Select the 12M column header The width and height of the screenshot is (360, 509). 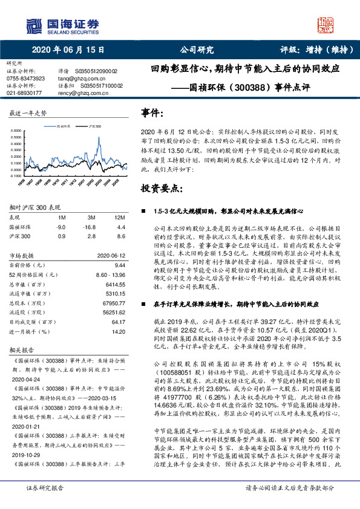(119, 216)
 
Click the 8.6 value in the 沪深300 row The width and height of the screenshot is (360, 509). (120, 237)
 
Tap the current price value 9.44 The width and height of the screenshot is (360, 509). (119, 265)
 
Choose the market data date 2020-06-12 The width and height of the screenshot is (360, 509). (110, 255)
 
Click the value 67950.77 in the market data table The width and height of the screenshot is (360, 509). (112, 303)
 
